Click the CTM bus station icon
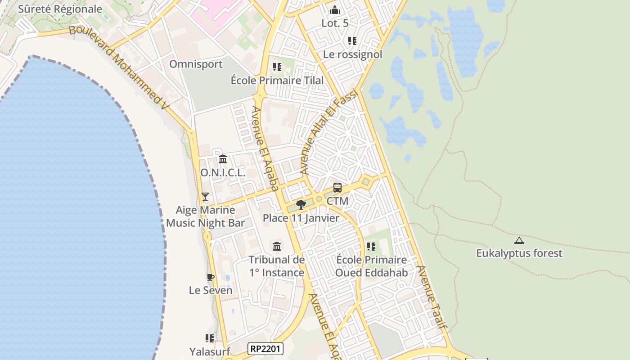click(x=337, y=188)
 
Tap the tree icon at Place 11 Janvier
click(x=301, y=205)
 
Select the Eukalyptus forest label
click(x=519, y=253)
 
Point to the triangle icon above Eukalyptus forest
click(x=519, y=241)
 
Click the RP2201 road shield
click(x=265, y=348)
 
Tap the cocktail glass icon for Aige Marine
click(x=205, y=196)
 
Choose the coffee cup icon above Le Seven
click(x=210, y=277)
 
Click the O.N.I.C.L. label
click(x=223, y=173)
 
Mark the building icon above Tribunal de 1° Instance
click(x=277, y=247)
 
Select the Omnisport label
click(x=196, y=64)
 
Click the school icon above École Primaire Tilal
click(x=277, y=67)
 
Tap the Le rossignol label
click(x=353, y=54)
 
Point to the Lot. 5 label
click(x=335, y=23)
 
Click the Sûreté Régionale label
click(x=60, y=9)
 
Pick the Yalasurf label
click(x=210, y=351)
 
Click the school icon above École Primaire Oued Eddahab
click(x=371, y=247)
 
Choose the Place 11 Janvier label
click(x=301, y=218)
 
